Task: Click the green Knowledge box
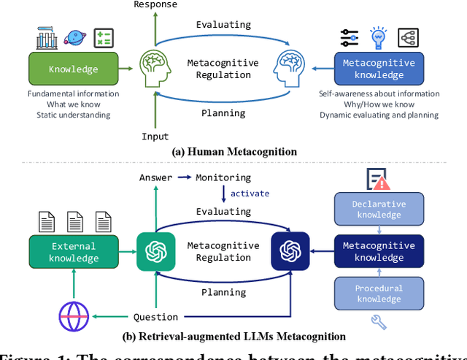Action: click(x=73, y=69)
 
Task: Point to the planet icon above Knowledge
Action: click(x=75, y=37)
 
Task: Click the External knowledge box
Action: click(x=74, y=253)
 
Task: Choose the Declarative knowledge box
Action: click(x=379, y=209)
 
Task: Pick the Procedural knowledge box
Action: click(x=379, y=294)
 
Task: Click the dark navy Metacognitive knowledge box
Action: click(x=379, y=252)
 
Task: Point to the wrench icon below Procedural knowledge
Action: click(x=378, y=321)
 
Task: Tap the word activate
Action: click(x=250, y=194)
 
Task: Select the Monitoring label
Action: click(x=223, y=177)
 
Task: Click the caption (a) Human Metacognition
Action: click(x=233, y=152)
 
